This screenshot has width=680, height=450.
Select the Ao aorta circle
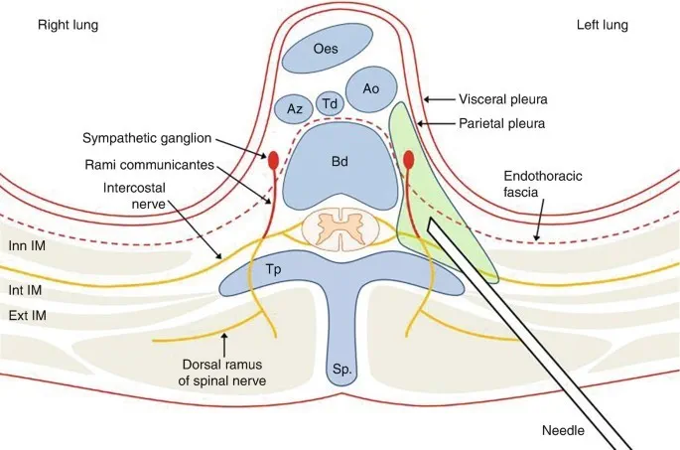click(370, 88)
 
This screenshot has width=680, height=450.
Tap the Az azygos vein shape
click(294, 108)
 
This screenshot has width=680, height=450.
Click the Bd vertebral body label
click(340, 158)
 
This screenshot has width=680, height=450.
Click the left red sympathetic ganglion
click(272, 159)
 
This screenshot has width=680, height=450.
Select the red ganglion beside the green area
click(408, 158)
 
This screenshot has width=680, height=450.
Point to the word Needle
click(563, 431)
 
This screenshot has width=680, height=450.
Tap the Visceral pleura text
click(503, 100)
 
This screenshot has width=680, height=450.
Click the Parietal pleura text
click(502, 123)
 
